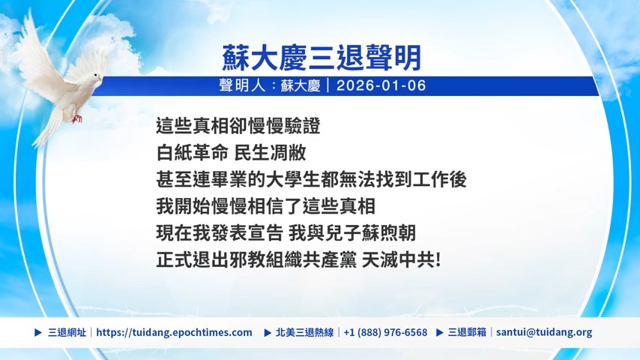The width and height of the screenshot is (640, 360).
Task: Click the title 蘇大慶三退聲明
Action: [x=321, y=58]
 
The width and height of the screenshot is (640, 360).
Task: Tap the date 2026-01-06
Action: [x=381, y=85]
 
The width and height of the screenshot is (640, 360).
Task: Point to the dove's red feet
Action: [x=77, y=118]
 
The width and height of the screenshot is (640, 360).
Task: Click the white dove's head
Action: [x=97, y=77]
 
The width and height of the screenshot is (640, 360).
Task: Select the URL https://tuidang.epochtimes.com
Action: [x=175, y=332]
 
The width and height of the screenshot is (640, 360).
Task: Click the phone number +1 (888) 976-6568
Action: [x=385, y=332]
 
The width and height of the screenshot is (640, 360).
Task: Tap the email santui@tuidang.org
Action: [x=544, y=332]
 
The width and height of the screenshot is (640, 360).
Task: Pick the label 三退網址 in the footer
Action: [x=67, y=332]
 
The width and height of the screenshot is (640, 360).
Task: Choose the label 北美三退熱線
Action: [x=304, y=332]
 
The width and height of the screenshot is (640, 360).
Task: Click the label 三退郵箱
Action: [x=467, y=332]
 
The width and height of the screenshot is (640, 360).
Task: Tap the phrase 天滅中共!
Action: [x=401, y=260]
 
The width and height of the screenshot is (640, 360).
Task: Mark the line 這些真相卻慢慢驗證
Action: [x=238, y=126]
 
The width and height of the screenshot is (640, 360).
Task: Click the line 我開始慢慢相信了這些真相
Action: [x=266, y=206]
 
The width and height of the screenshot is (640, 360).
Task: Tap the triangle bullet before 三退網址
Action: [x=38, y=332]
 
